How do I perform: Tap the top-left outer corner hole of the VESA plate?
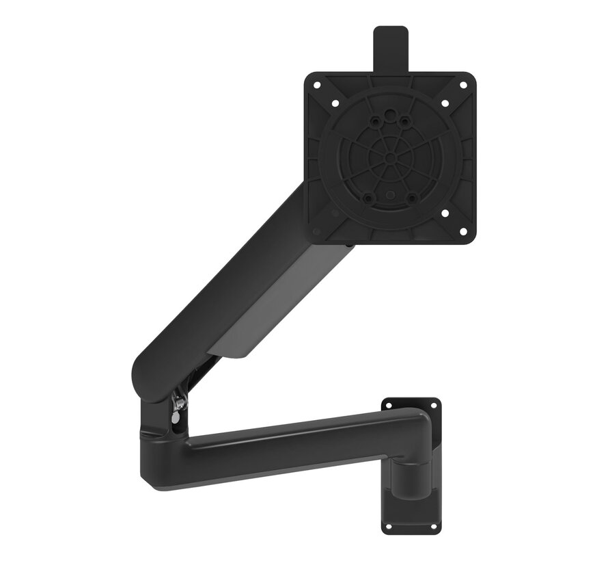click(317, 86)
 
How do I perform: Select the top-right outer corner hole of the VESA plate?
click(462, 86)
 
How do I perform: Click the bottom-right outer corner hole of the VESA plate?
click(462, 231)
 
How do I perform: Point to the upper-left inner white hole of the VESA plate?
click(335, 103)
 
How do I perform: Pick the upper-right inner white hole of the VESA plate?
click(445, 103)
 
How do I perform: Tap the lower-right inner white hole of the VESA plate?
click(445, 213)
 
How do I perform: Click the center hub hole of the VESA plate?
click(389, 158)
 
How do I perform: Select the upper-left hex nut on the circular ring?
click(374, 121)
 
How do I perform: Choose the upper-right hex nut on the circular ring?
click(404, 121)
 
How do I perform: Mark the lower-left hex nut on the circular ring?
click(368, 198)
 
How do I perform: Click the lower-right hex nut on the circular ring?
click(411, 198)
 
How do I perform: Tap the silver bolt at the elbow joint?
click(178, 404)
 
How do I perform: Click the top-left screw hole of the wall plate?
click(387, 405)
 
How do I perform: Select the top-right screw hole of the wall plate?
click(433, 405)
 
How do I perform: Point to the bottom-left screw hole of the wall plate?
click(387, 527)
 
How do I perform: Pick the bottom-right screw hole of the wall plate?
click(433, 527)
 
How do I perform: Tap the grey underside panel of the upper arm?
click(273, 315)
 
